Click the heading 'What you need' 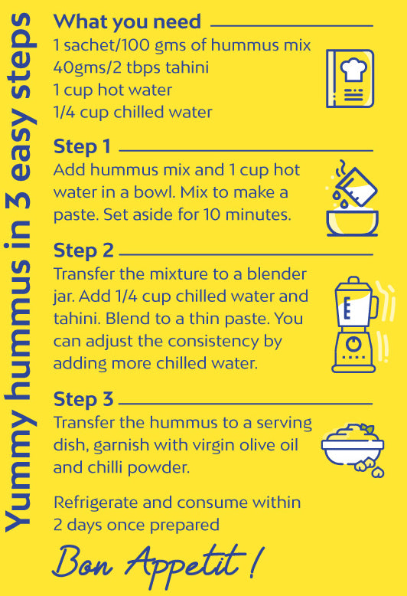pos(127,22)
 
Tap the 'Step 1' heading pos(82,147)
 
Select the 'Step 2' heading pos(83,251)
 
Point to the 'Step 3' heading pos(83,399)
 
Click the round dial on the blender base pos(353,344)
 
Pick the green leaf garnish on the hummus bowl pos(366,429)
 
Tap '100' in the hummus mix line pos(136,45)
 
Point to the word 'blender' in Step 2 pos(276,273)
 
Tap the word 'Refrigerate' pos(96,503)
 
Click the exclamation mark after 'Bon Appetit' pos(256,561)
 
